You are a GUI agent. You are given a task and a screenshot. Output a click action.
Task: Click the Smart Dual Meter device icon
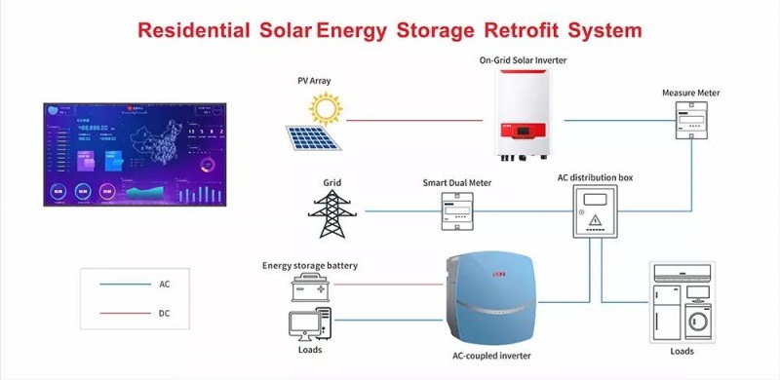[x=456, y=210]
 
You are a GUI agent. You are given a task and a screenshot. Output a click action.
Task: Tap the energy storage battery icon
[x=311, y=287]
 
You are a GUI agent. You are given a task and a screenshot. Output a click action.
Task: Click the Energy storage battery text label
[x=310, y=265]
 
